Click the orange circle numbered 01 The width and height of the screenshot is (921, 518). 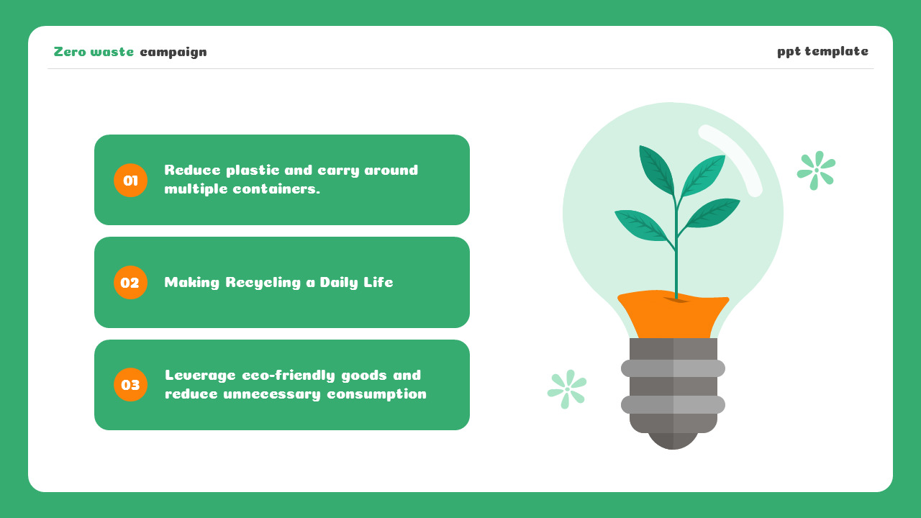(x=130, y=181)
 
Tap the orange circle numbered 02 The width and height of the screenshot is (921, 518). (x=130, y=283)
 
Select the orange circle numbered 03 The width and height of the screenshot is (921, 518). (x=130, y=385)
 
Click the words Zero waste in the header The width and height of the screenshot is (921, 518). (x=94, y=52)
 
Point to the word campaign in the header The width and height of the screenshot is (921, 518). (x=173, y=52)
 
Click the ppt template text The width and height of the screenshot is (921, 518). (x=822, y=51)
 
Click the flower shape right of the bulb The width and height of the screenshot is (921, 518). (x=816, y=171)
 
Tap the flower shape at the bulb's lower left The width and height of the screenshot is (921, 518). (x=567, y=389)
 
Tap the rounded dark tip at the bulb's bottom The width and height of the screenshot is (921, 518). (x=673, y=441)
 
